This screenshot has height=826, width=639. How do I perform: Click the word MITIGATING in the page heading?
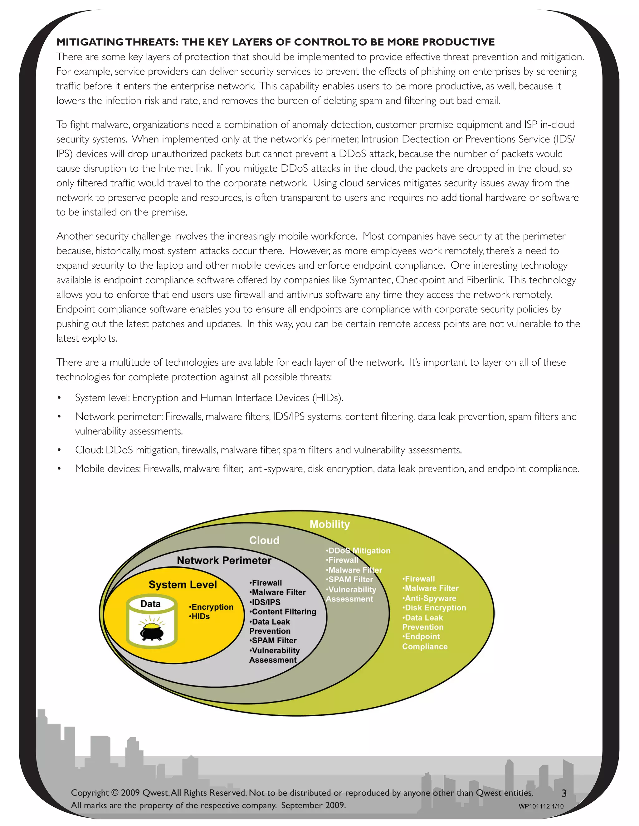tap(90, 42)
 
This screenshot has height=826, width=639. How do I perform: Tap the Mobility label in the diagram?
tap(330, 524)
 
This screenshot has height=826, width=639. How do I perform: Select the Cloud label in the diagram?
tap(264, 540)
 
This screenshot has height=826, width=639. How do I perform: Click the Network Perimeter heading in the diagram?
tap(224, 560)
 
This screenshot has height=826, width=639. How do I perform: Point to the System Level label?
tap(183, 585)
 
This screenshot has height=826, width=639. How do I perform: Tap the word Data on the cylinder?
tap(150, 604)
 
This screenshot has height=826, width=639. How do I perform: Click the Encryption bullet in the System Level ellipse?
tap(211, 607)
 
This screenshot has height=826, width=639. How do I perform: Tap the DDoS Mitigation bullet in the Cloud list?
tap(358, 551)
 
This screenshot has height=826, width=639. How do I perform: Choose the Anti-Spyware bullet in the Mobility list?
tap(429, 598)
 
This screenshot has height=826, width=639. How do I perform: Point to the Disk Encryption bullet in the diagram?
tap(434, 608)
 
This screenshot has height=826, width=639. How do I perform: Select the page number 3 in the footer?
tap(564, 793)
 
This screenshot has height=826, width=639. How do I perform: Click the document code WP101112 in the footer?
tap(534, 806)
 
